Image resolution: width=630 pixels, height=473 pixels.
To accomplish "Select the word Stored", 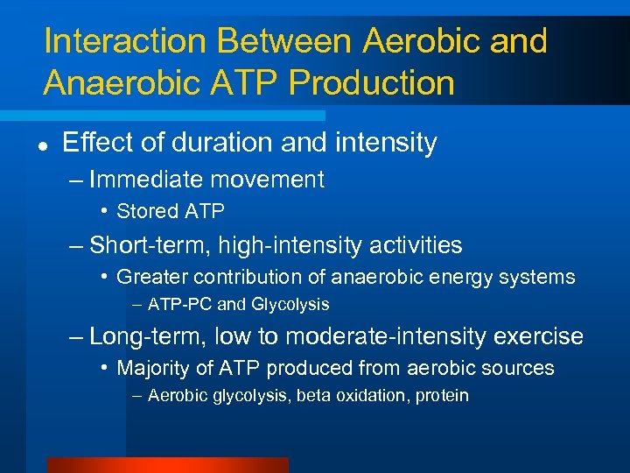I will tap(145, 211).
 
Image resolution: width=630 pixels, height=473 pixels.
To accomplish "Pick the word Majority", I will tap(153, 368).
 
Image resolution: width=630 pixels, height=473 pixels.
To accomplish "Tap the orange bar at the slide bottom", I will tap(167, 465).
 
